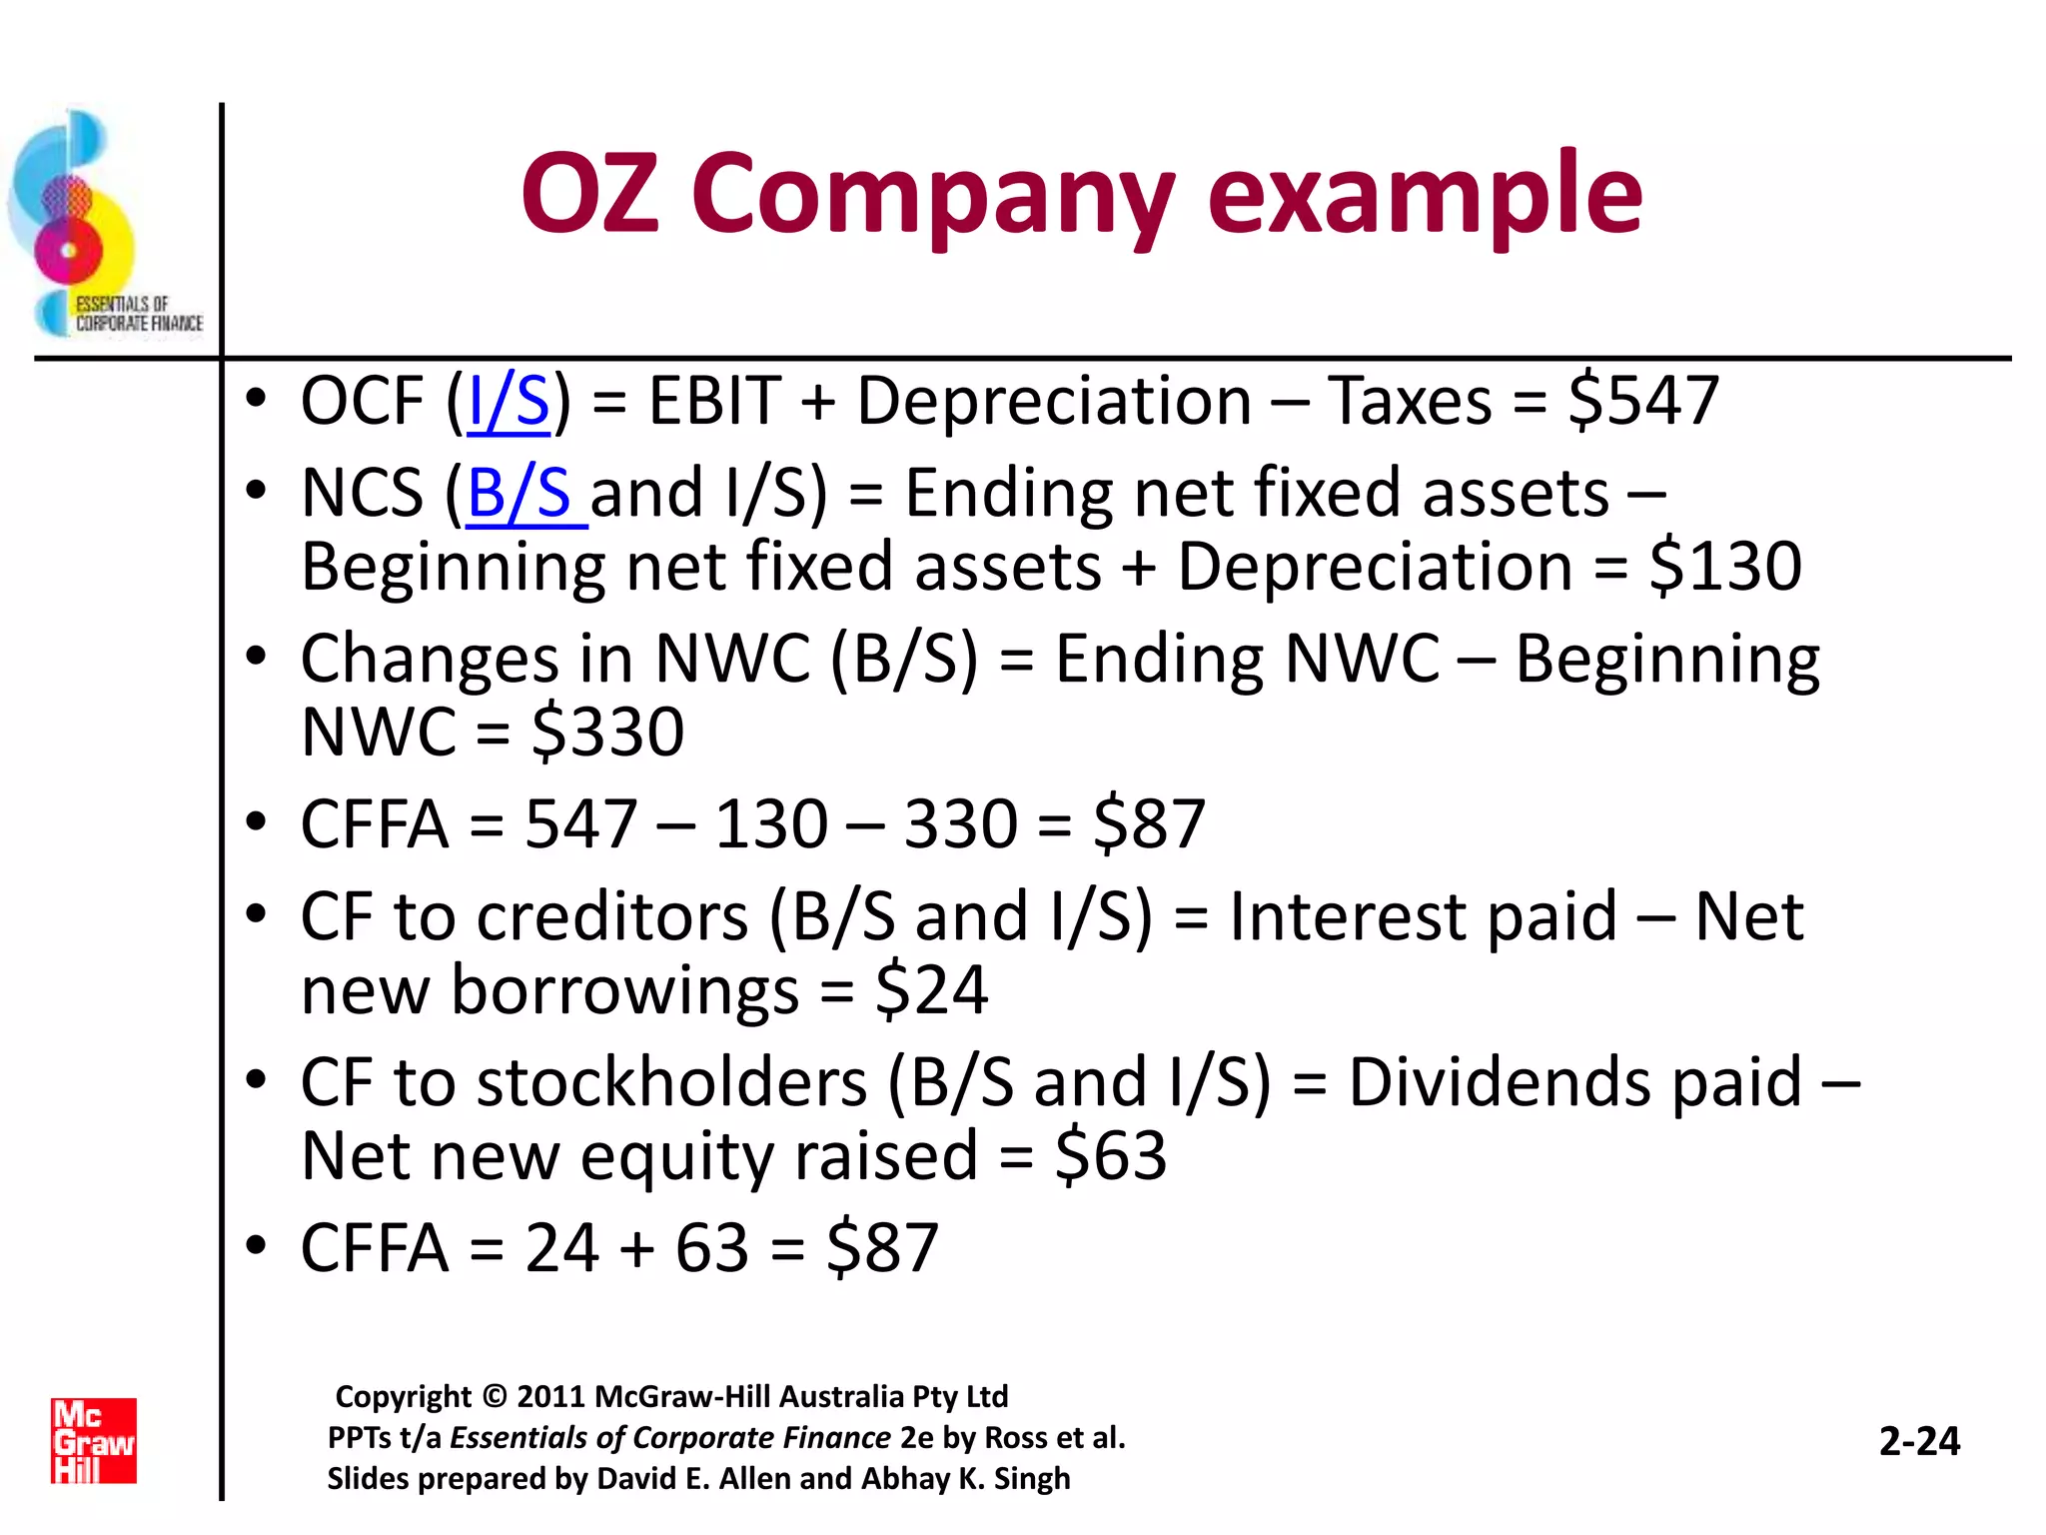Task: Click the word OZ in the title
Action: [590, 194]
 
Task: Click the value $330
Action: [607, 733]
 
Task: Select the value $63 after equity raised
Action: [1111, 1156]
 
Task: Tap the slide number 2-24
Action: [1919, 1441]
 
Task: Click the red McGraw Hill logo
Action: [94, 1440]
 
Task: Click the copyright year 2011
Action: [550, 1396]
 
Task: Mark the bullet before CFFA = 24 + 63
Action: [257, 1246]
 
